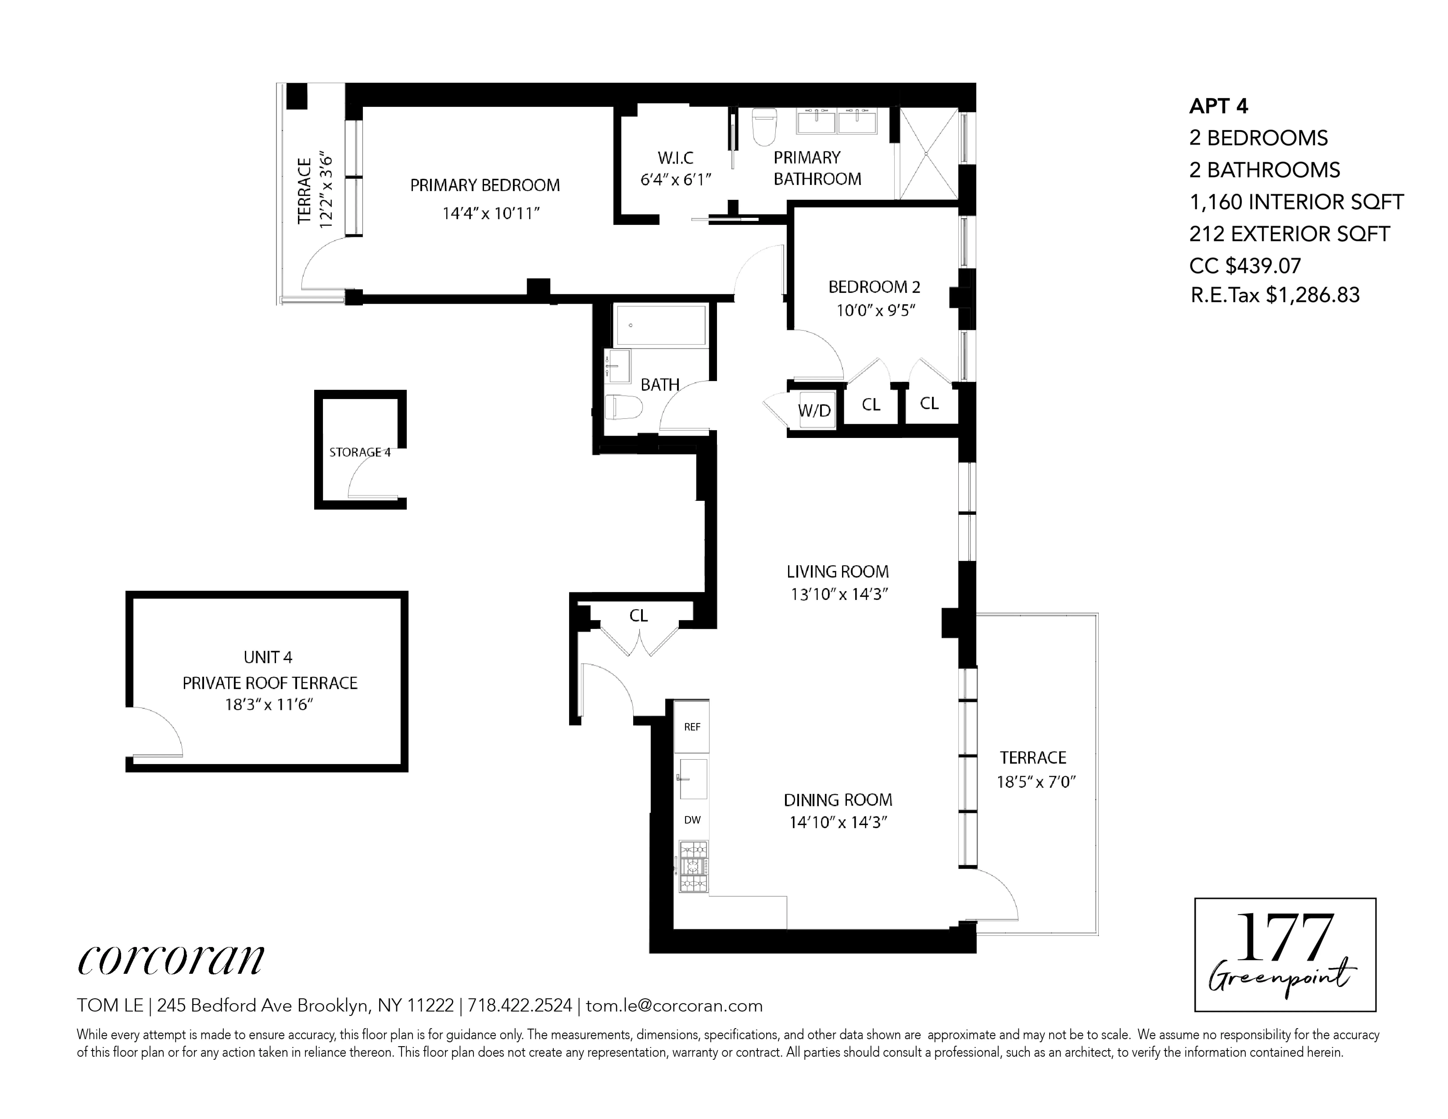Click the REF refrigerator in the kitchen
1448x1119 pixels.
click(x=692, y=727)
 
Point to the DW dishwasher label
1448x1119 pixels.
click(x=692, y=820)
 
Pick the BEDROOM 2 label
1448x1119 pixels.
click(x=874, y=287)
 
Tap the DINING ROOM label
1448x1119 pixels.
click(x=838, y=800)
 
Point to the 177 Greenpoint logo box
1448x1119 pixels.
click(x=1284, y=955)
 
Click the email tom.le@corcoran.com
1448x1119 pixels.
click(x=674, y=1006)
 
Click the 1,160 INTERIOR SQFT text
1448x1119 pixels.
click(x=1296, y=202)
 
